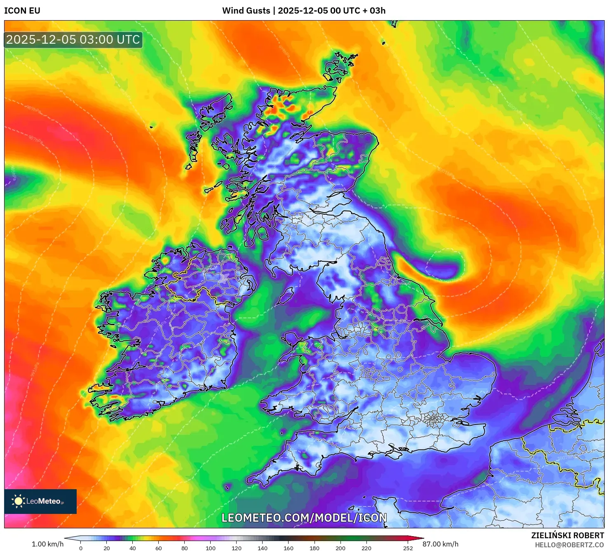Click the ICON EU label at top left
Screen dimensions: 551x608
coord(22,11)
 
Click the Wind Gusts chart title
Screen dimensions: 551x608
coord(304,11)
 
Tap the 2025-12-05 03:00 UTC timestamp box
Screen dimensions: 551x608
coord(73,40)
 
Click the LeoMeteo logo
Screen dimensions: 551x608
coord(40,501)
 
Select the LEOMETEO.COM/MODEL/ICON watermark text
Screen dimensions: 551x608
coord(304,518)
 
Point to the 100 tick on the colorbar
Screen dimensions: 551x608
coord(211,548)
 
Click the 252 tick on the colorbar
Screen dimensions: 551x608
coord(408,548)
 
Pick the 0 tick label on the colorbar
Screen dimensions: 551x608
coord(81,548)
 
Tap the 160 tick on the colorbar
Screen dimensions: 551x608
coord(289,548)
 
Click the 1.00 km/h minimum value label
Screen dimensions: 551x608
coord(47,544)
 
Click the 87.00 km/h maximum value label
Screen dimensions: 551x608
coord(441,544)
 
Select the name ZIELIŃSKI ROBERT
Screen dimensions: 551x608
coord(568,535)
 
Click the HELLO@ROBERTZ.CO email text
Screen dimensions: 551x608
coord(569,545)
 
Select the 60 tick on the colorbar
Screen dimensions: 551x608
coord(159,548)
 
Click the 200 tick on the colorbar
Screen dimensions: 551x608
coord(340,548)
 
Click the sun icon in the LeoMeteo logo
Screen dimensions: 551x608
coord(18,501)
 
